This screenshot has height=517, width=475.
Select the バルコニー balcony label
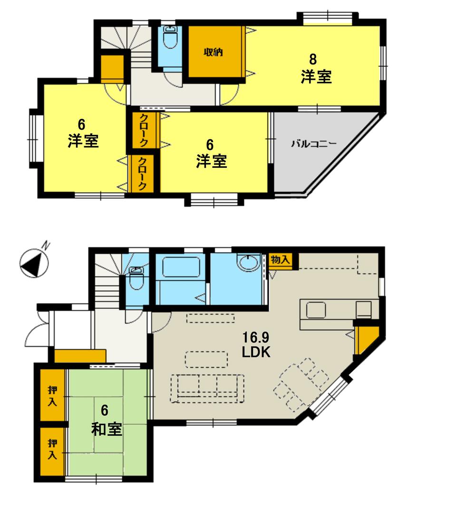tap(314, 143)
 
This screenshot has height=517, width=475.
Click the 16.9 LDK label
tap(256, 345)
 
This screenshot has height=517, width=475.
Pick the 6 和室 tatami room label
tap(107, 421)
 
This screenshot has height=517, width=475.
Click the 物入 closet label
tap(280, 259)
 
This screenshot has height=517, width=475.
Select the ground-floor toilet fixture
tap(137, 278)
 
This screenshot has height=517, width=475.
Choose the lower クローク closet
tap(143, 174)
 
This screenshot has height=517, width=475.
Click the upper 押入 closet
tap(52, 395)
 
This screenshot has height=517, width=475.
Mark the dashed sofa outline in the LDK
tap(207, 388)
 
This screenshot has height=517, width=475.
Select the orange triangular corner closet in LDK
tap(366, 339)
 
